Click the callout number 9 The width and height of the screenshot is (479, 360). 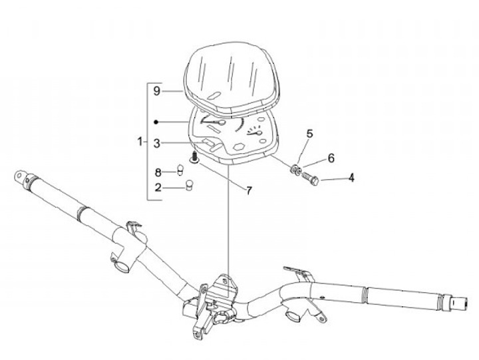[156, 90]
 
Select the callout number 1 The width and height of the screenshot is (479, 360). [140, 142]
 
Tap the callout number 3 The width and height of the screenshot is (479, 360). [156, 142]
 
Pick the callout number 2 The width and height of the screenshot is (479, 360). [158, 187]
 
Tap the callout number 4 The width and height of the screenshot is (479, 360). [351, 178]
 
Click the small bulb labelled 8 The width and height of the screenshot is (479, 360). [179, 170]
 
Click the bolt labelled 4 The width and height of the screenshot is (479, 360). [312, 178]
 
